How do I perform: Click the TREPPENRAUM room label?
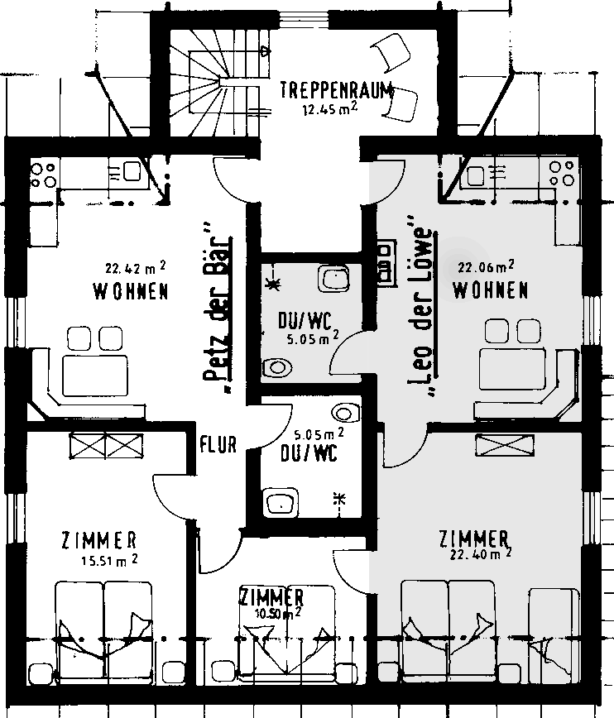[337, 90]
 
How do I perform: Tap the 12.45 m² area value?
[330, 108]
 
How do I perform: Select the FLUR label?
[218, 444]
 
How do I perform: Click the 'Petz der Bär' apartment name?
[217, 309]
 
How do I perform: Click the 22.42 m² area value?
[136, 267]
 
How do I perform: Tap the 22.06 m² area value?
[486, 266]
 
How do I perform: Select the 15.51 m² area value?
[109, 560]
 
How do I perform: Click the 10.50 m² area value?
[278, 613]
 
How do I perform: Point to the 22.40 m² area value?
[481, 554]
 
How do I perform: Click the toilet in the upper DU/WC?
[277, 366]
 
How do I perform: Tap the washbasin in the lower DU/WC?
[281, 503]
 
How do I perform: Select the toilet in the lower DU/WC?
[347, 413]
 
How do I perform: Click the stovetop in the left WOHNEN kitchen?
[43, 175]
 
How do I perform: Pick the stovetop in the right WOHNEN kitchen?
[562, 174]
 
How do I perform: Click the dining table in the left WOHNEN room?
[95, 376]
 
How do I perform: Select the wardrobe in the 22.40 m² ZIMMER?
[505, 445]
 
